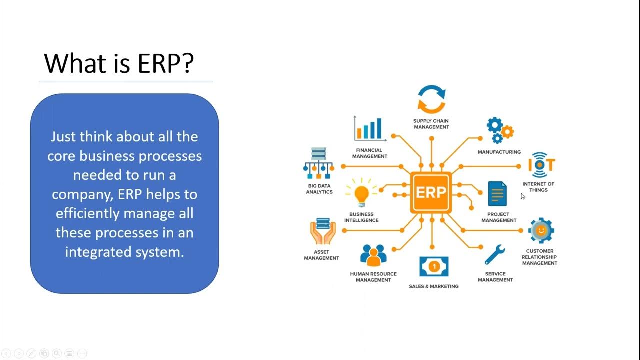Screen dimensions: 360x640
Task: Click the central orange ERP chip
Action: (x=431, y=192)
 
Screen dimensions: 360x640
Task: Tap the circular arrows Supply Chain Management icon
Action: (x=431, y=99)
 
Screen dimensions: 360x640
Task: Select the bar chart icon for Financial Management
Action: (x=369, y=129)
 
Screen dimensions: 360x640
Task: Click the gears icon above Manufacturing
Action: (x=499, y=130)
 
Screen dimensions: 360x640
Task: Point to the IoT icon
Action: (x=541, y=165)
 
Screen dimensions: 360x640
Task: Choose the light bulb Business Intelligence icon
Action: (x=361, y=194)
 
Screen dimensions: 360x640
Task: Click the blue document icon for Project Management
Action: (x=497, y=194)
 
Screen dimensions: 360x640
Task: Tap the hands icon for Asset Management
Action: (x=322, y=231)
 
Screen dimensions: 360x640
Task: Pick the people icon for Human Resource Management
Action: (x=373, y=255)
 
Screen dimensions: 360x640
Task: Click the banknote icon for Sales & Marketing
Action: (x=434, y=267)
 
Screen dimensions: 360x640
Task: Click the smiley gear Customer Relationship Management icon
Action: (x=540, y=231)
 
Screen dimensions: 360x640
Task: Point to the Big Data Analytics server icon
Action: (x=318, y=163)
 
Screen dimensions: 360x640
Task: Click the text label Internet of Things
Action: (x=538, y=187)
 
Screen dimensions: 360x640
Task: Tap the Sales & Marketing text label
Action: (x=433, y=286)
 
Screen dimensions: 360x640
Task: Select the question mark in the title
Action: (x=187, y=63)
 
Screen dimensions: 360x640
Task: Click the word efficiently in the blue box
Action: (x=87, y=214)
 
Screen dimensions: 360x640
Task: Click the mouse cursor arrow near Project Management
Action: (x=522, y=196)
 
